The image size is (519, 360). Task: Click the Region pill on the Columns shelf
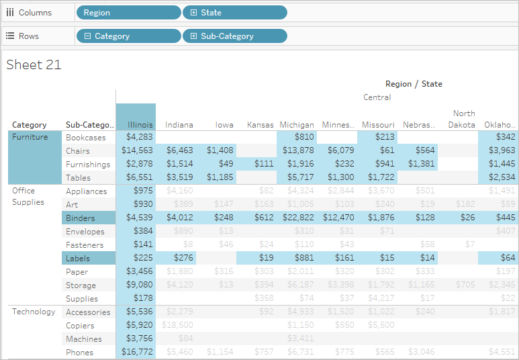coord(128,13)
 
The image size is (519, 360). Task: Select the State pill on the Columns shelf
coord(234,13)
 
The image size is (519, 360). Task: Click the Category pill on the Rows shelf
coord(128,36)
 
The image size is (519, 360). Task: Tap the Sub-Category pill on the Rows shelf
coord(234,36)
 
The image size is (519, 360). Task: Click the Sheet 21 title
coord(34,64)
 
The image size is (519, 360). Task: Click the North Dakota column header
coord(463,119)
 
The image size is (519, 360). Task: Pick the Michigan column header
coord(297,125)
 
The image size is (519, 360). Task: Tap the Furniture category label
coord(30,138)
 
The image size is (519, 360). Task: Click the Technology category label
coord(34,312)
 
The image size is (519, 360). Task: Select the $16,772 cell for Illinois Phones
coord(137,353)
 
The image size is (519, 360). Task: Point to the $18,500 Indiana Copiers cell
coord(179,326)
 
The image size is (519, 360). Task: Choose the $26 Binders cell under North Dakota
coord(467,218)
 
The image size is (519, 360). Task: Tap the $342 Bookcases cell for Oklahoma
coord(506,138)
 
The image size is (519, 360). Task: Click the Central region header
coord(377,97)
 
